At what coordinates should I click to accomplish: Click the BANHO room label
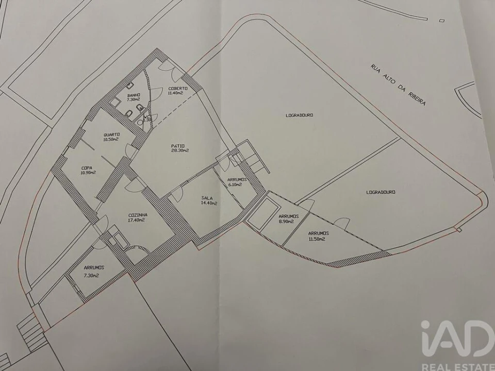[x=133, y=95]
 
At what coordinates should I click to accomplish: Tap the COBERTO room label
[x=178, y=89]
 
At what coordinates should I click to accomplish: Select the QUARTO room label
[x=111, y=134]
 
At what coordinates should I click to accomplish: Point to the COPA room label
[x=87, y=167]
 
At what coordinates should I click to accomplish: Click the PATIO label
[x=179, y=146]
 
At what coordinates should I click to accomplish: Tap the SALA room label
[x=207, y=198]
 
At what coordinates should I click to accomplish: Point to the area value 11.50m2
[x=317, y=239]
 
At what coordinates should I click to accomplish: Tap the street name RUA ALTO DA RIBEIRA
[x=398, y=85]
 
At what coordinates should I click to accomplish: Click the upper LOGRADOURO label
[x=300, y=115]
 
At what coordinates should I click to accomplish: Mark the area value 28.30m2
[x=179, y=151]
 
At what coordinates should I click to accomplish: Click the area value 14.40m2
[x=208, y=203]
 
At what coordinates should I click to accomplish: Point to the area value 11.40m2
[x=177, y=94]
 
